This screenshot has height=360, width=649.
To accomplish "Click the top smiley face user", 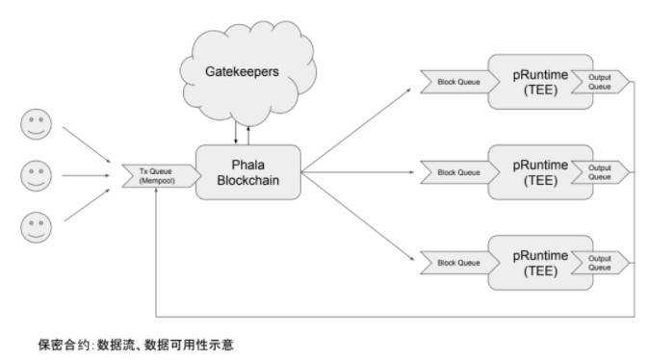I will point(36,126).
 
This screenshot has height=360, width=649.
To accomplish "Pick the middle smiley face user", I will point(36,175).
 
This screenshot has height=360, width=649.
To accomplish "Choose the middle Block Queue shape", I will point(454,172).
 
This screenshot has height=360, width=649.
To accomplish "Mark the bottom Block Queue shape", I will point(454,262).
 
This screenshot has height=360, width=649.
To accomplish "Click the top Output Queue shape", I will point(600,84).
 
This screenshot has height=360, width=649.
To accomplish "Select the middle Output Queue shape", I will point(600,172).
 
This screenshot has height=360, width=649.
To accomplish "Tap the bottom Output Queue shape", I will point(600,262).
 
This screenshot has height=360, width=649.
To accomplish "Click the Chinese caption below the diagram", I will point(135,344).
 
